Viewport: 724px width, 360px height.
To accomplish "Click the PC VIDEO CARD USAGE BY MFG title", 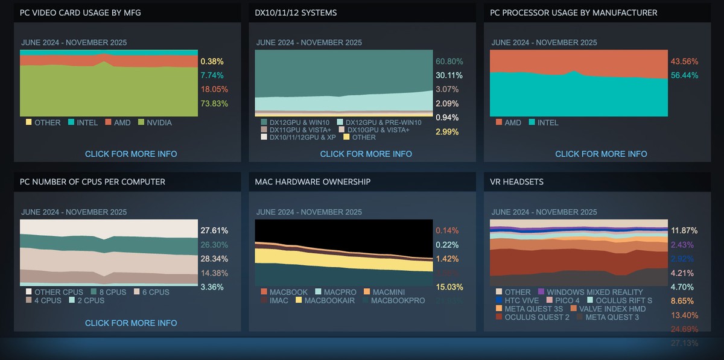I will click(80, 13).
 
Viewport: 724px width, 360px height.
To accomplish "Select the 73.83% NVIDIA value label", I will click(214, 104).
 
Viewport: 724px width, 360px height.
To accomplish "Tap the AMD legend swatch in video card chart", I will click(109, 122).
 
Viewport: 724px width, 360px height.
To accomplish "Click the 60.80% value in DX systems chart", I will click(449, 62).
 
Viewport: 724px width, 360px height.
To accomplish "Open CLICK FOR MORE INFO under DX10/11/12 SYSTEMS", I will click(366, 154).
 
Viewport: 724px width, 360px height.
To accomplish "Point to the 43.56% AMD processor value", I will click(684, 62).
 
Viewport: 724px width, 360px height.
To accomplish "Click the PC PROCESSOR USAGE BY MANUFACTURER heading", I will click(573, 13).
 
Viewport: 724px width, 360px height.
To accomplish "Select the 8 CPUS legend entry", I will click(109, 292).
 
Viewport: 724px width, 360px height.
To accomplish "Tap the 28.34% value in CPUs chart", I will click(214, 259).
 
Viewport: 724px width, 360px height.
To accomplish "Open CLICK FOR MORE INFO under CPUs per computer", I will click(131, 323).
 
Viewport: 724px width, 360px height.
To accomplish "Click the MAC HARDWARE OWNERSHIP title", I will click(313, 182).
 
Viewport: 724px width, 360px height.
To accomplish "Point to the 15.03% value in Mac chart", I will click(449, 287).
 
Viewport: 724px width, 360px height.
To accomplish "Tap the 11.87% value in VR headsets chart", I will click(684, 230).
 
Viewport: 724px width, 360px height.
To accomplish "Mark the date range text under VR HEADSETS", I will click(544, 212).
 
